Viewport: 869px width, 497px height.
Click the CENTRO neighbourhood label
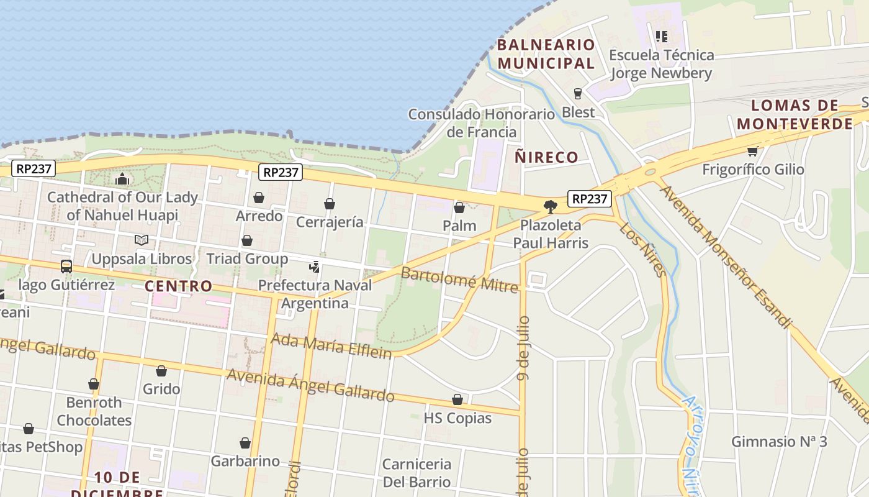click(x=178, y=286)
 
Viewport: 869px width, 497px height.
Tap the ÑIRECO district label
click(x=546, y=157)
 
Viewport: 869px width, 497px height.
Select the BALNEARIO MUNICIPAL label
click(x=546, y=53)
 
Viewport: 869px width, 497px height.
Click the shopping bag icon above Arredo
click(x=259, y=198)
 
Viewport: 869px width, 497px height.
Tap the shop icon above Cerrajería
click(x=330, y=204)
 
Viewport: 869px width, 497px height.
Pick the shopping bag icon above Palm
click(x=459, y=207)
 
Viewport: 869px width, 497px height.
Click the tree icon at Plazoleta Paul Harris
click(x=550, y=206)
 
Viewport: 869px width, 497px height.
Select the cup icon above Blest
click(x=578, y=94)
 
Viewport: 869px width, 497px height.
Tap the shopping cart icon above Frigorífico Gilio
click(x=752, y=151)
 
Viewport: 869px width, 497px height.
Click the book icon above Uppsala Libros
click(x=142, y=240)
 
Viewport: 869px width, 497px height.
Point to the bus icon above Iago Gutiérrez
click(x=66, y=267)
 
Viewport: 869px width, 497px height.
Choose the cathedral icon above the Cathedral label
click(x=122, y=179)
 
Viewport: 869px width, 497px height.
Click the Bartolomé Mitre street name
click(x=459, y=280)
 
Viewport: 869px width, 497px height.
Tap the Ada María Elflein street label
click(x=332, y=345)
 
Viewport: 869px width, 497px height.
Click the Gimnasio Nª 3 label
click(x=779, y=442)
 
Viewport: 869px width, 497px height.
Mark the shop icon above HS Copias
click(x=457, y=399)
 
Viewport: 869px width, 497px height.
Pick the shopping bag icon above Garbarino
click(x=245, y=443)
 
